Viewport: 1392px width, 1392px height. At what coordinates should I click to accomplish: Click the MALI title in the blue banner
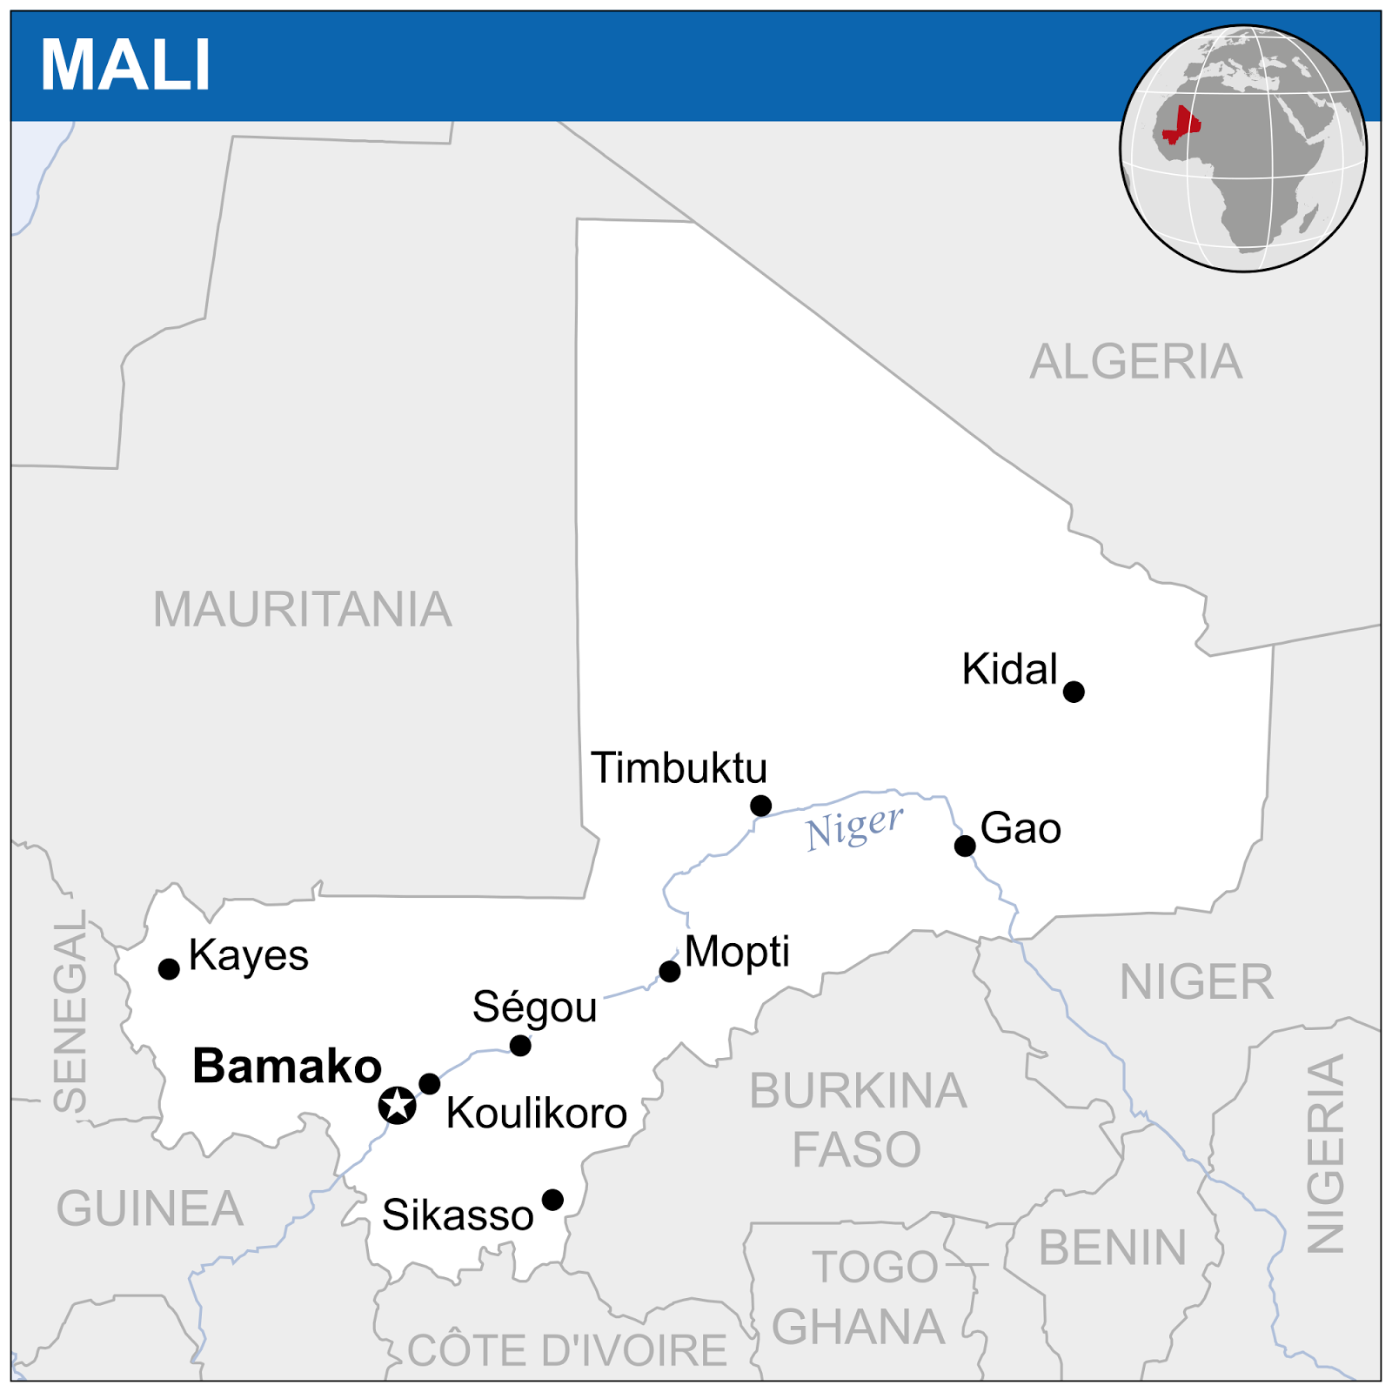click(125, 65)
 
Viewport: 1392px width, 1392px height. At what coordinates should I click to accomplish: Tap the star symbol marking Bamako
click(398, 1105)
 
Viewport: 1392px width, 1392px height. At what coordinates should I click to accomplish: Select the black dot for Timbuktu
click(760, 806)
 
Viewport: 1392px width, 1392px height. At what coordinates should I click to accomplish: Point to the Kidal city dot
click(1074, 692)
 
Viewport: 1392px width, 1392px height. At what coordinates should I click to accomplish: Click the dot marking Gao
click(965, 846)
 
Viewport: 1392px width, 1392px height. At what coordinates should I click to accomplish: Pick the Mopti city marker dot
click(670, 971)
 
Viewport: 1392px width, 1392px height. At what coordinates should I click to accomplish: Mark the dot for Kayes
click(170, 968)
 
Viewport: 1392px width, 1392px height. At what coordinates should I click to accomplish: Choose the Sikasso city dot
click(552, 1200)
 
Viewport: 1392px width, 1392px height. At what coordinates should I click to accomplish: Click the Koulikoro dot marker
click(430, 1083)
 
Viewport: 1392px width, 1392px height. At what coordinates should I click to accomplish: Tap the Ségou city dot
click(520, 1046)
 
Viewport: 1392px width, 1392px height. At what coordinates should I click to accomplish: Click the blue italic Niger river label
click(854, 827)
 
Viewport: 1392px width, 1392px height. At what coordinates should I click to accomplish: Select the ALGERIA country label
click(1135, 362)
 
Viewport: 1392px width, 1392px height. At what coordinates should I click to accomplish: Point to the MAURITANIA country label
click(303, 609)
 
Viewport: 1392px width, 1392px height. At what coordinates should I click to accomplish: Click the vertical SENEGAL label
click(70, 1011)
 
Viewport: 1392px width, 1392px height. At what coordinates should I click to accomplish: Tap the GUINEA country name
click(150, 1208)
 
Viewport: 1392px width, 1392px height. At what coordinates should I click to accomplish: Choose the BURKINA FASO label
click(858, 1120)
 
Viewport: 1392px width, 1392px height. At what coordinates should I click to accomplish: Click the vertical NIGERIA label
click(1326, 1153)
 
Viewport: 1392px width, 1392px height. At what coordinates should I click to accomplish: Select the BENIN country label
click(1113, 1248)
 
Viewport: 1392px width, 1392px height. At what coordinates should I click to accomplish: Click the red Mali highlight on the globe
click(1181, 126)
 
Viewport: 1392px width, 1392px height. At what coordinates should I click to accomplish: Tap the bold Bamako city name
click(287, 1066)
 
